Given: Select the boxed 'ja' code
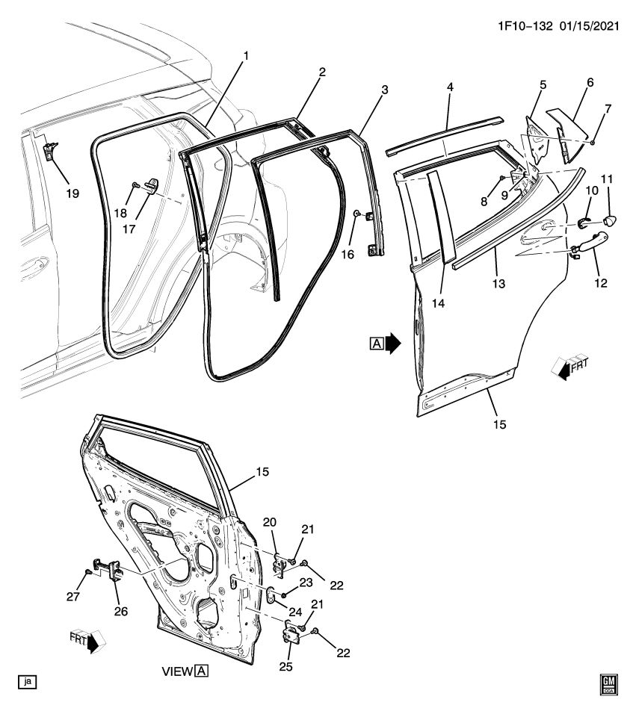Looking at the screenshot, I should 28,681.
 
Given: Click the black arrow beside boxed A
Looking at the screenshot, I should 393,343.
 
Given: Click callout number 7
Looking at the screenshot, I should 607,110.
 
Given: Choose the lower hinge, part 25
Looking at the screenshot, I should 291,633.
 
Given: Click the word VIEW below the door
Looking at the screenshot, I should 177,671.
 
